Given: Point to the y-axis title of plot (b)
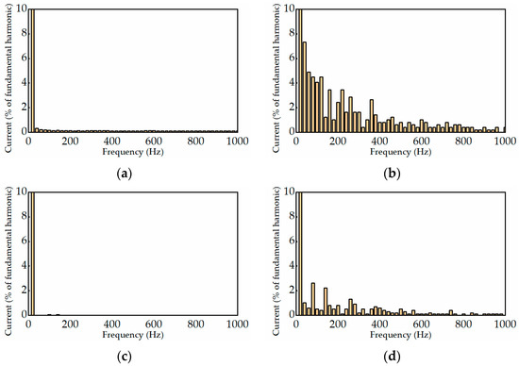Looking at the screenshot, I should pos(275,71).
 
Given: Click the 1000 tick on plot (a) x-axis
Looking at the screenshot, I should pos(236,141).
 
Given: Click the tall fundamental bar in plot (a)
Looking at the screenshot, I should pos(32,71).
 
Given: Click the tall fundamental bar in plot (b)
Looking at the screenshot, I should pos(299,71).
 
